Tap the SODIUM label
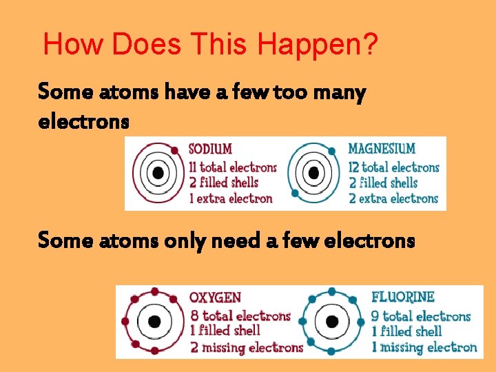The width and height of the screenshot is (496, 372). tap(210, 149)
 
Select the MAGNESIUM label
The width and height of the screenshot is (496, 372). tap(382, 148)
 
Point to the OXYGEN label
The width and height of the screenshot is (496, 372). tap(216, 298)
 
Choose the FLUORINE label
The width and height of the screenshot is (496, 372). tap(403, 297)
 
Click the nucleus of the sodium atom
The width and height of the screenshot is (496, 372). tap(158, 173)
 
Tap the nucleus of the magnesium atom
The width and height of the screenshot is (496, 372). tap(315, 174)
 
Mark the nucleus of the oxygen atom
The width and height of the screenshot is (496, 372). tap(154, 322)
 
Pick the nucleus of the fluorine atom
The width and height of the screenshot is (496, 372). tap(332, 322)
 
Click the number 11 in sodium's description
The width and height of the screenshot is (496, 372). tap(194, 167)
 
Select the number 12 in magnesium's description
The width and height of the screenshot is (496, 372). tap(353, 167)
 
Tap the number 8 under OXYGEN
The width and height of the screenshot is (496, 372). tap(195, 316)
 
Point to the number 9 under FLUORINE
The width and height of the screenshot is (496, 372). tap(375, 316)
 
